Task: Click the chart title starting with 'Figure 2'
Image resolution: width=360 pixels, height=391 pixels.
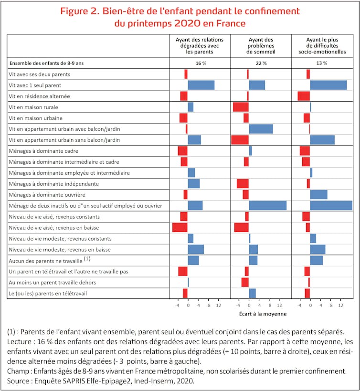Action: pos(180,17)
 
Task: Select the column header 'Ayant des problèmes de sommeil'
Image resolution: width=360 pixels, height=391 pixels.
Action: pos(261,45)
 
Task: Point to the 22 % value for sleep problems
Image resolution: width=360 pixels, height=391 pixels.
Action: pos(261,63)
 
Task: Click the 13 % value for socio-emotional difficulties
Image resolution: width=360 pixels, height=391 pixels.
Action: pos(322,63)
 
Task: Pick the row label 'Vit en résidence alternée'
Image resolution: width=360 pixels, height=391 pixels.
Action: pos(39,96)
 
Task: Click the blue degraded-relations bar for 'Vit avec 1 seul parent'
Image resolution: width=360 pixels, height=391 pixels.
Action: pos(201,85)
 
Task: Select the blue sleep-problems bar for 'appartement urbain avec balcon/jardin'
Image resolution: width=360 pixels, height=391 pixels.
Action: pos(261,129)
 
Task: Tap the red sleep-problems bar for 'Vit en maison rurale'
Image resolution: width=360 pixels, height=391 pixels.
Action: pos(241,107)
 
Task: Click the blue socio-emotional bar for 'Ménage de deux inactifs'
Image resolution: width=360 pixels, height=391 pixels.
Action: pos(331,206)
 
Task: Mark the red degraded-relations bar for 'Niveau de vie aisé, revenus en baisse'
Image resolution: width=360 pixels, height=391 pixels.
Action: pos(180,227)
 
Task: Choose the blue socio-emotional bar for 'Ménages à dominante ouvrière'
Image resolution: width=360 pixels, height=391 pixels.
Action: pos(318,194)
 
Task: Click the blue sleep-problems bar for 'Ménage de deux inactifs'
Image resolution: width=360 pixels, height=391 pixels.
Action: pos(267,206)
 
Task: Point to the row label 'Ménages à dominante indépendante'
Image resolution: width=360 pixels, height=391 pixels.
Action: pos(54,184)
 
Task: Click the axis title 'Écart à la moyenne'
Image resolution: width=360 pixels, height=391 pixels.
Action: pos(263,314)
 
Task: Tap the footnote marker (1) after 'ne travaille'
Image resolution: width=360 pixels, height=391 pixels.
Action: pos(87,259)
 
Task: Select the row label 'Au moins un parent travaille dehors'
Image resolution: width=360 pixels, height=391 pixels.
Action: pos(53,283)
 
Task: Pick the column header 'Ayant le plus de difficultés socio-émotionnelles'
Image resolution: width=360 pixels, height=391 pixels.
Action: pos(322,45)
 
